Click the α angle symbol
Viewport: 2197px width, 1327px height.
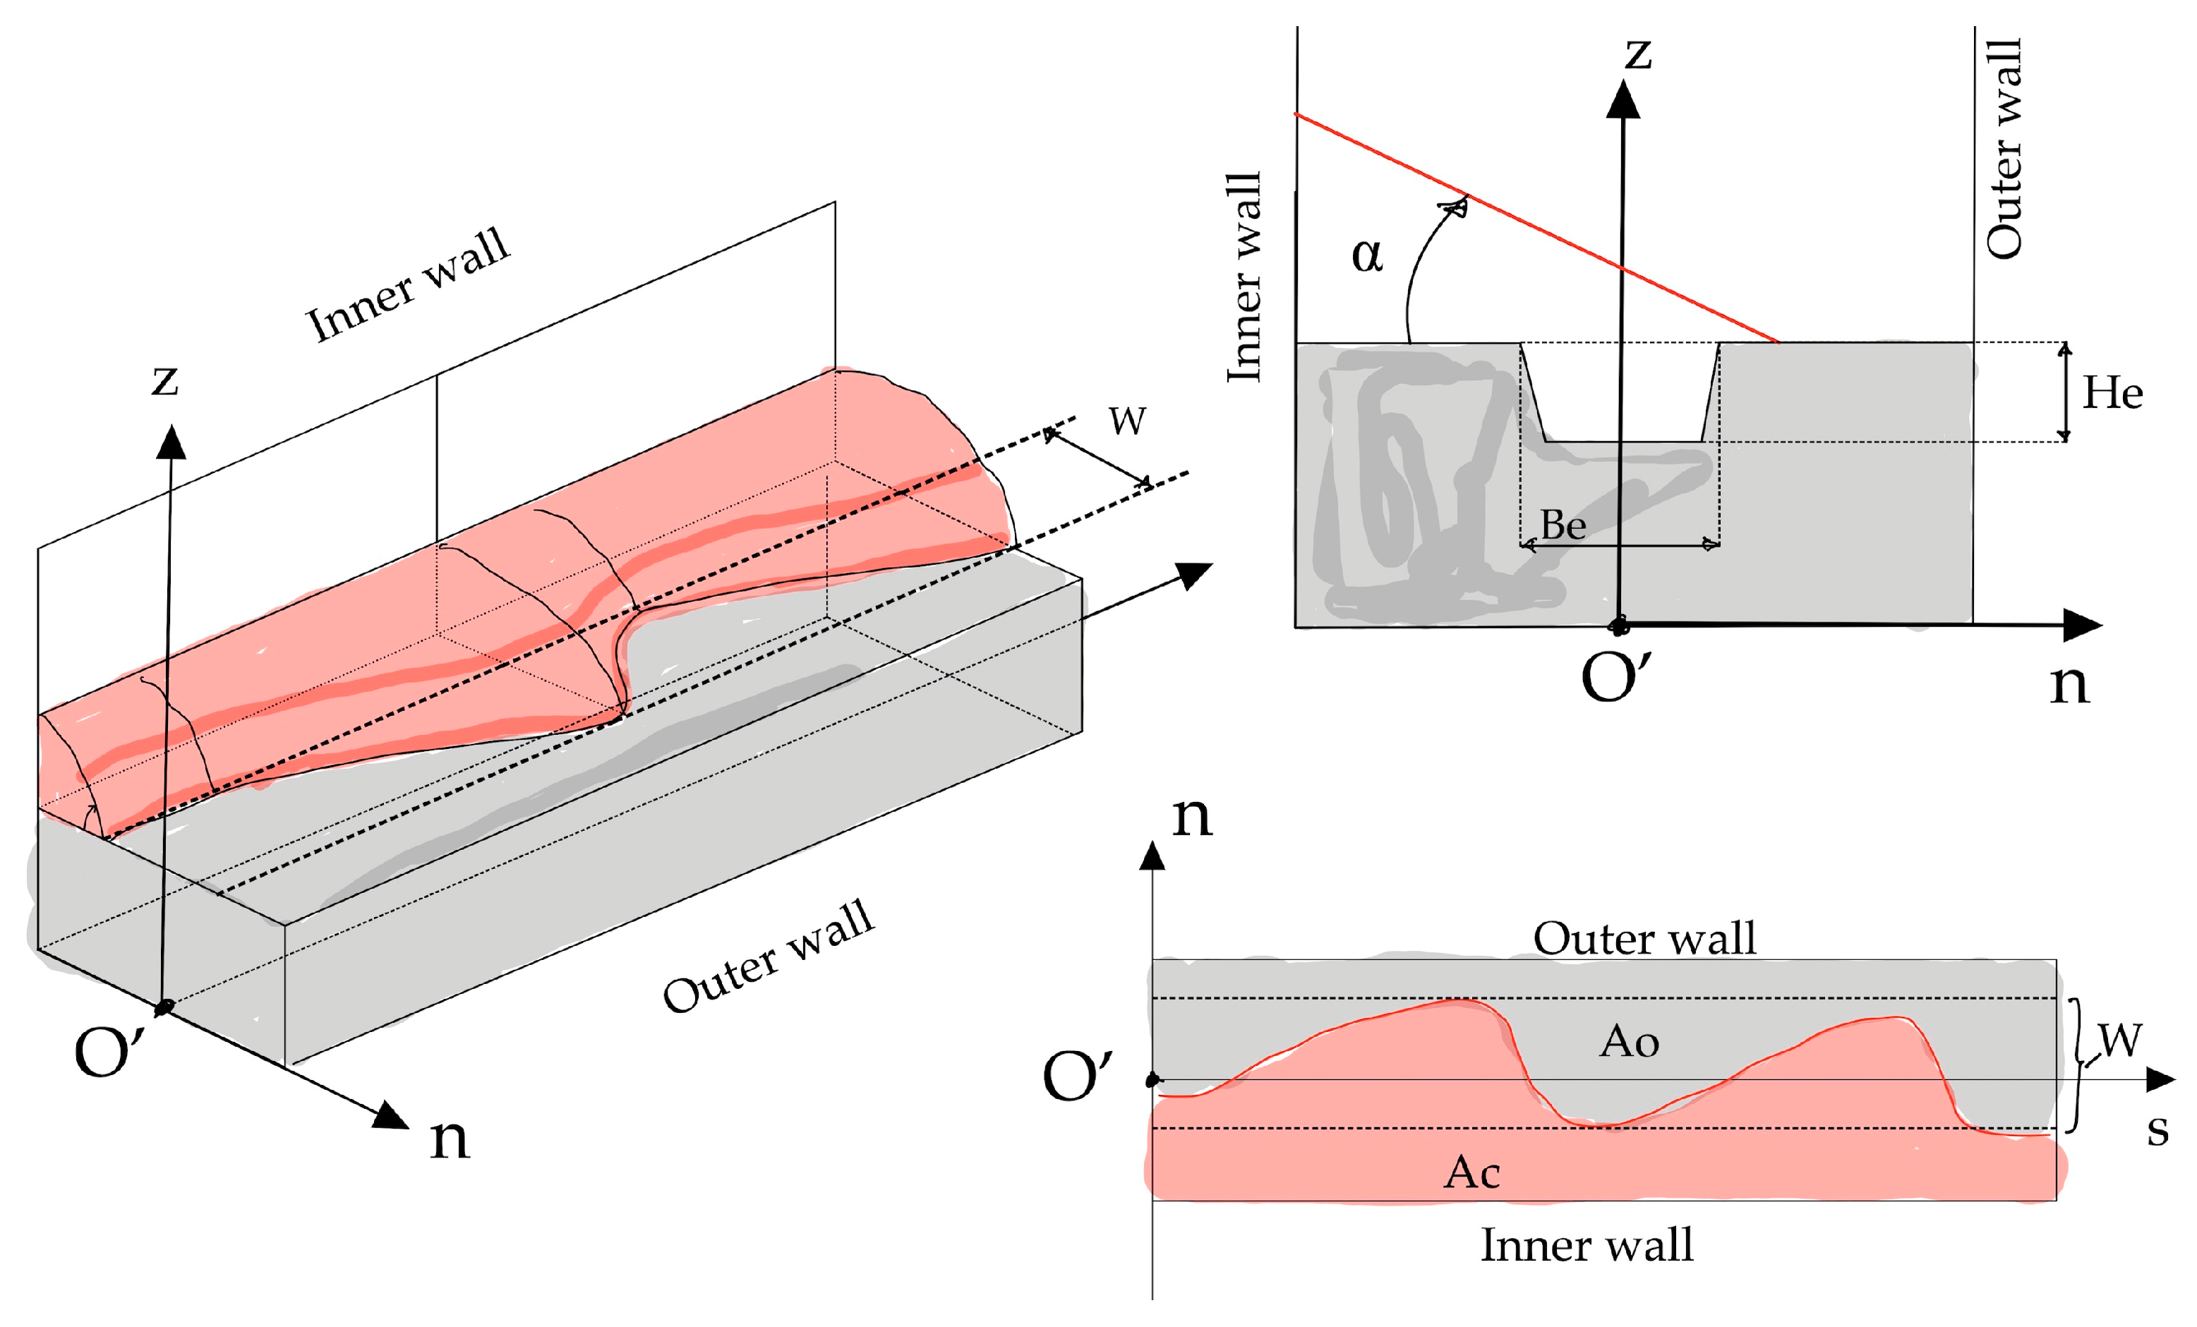click(x=1367, y=256)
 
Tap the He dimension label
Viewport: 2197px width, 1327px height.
click(x=2112, y=393)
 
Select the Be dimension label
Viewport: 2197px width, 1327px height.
click(x=1563, y=525)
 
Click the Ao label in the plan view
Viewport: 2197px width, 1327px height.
click(x=1629, y=1042)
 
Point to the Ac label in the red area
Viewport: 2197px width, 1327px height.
click(x=1472, y=1172)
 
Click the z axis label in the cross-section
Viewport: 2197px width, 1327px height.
click(x=1638, y=54)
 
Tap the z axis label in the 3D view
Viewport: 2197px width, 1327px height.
click(x=165, y=380)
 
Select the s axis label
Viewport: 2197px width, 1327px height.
click(x=2157, y=1130)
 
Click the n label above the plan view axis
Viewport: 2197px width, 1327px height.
click(x=1191, y=816)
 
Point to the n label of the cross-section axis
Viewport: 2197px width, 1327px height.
click(x=2069, y=685)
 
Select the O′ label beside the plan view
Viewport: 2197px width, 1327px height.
click(x=1077, y=1076)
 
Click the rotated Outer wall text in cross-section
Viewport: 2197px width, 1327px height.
click(x=2004, y=149)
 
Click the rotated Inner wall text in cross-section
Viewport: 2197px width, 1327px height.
click(x=1244, y=277)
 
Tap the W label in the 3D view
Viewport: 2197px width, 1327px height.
click(x=1127, y=421)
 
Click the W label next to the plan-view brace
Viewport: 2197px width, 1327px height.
click(x=2119, y=1040)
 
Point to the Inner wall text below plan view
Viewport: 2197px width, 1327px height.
click(x=1587, y=1246)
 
